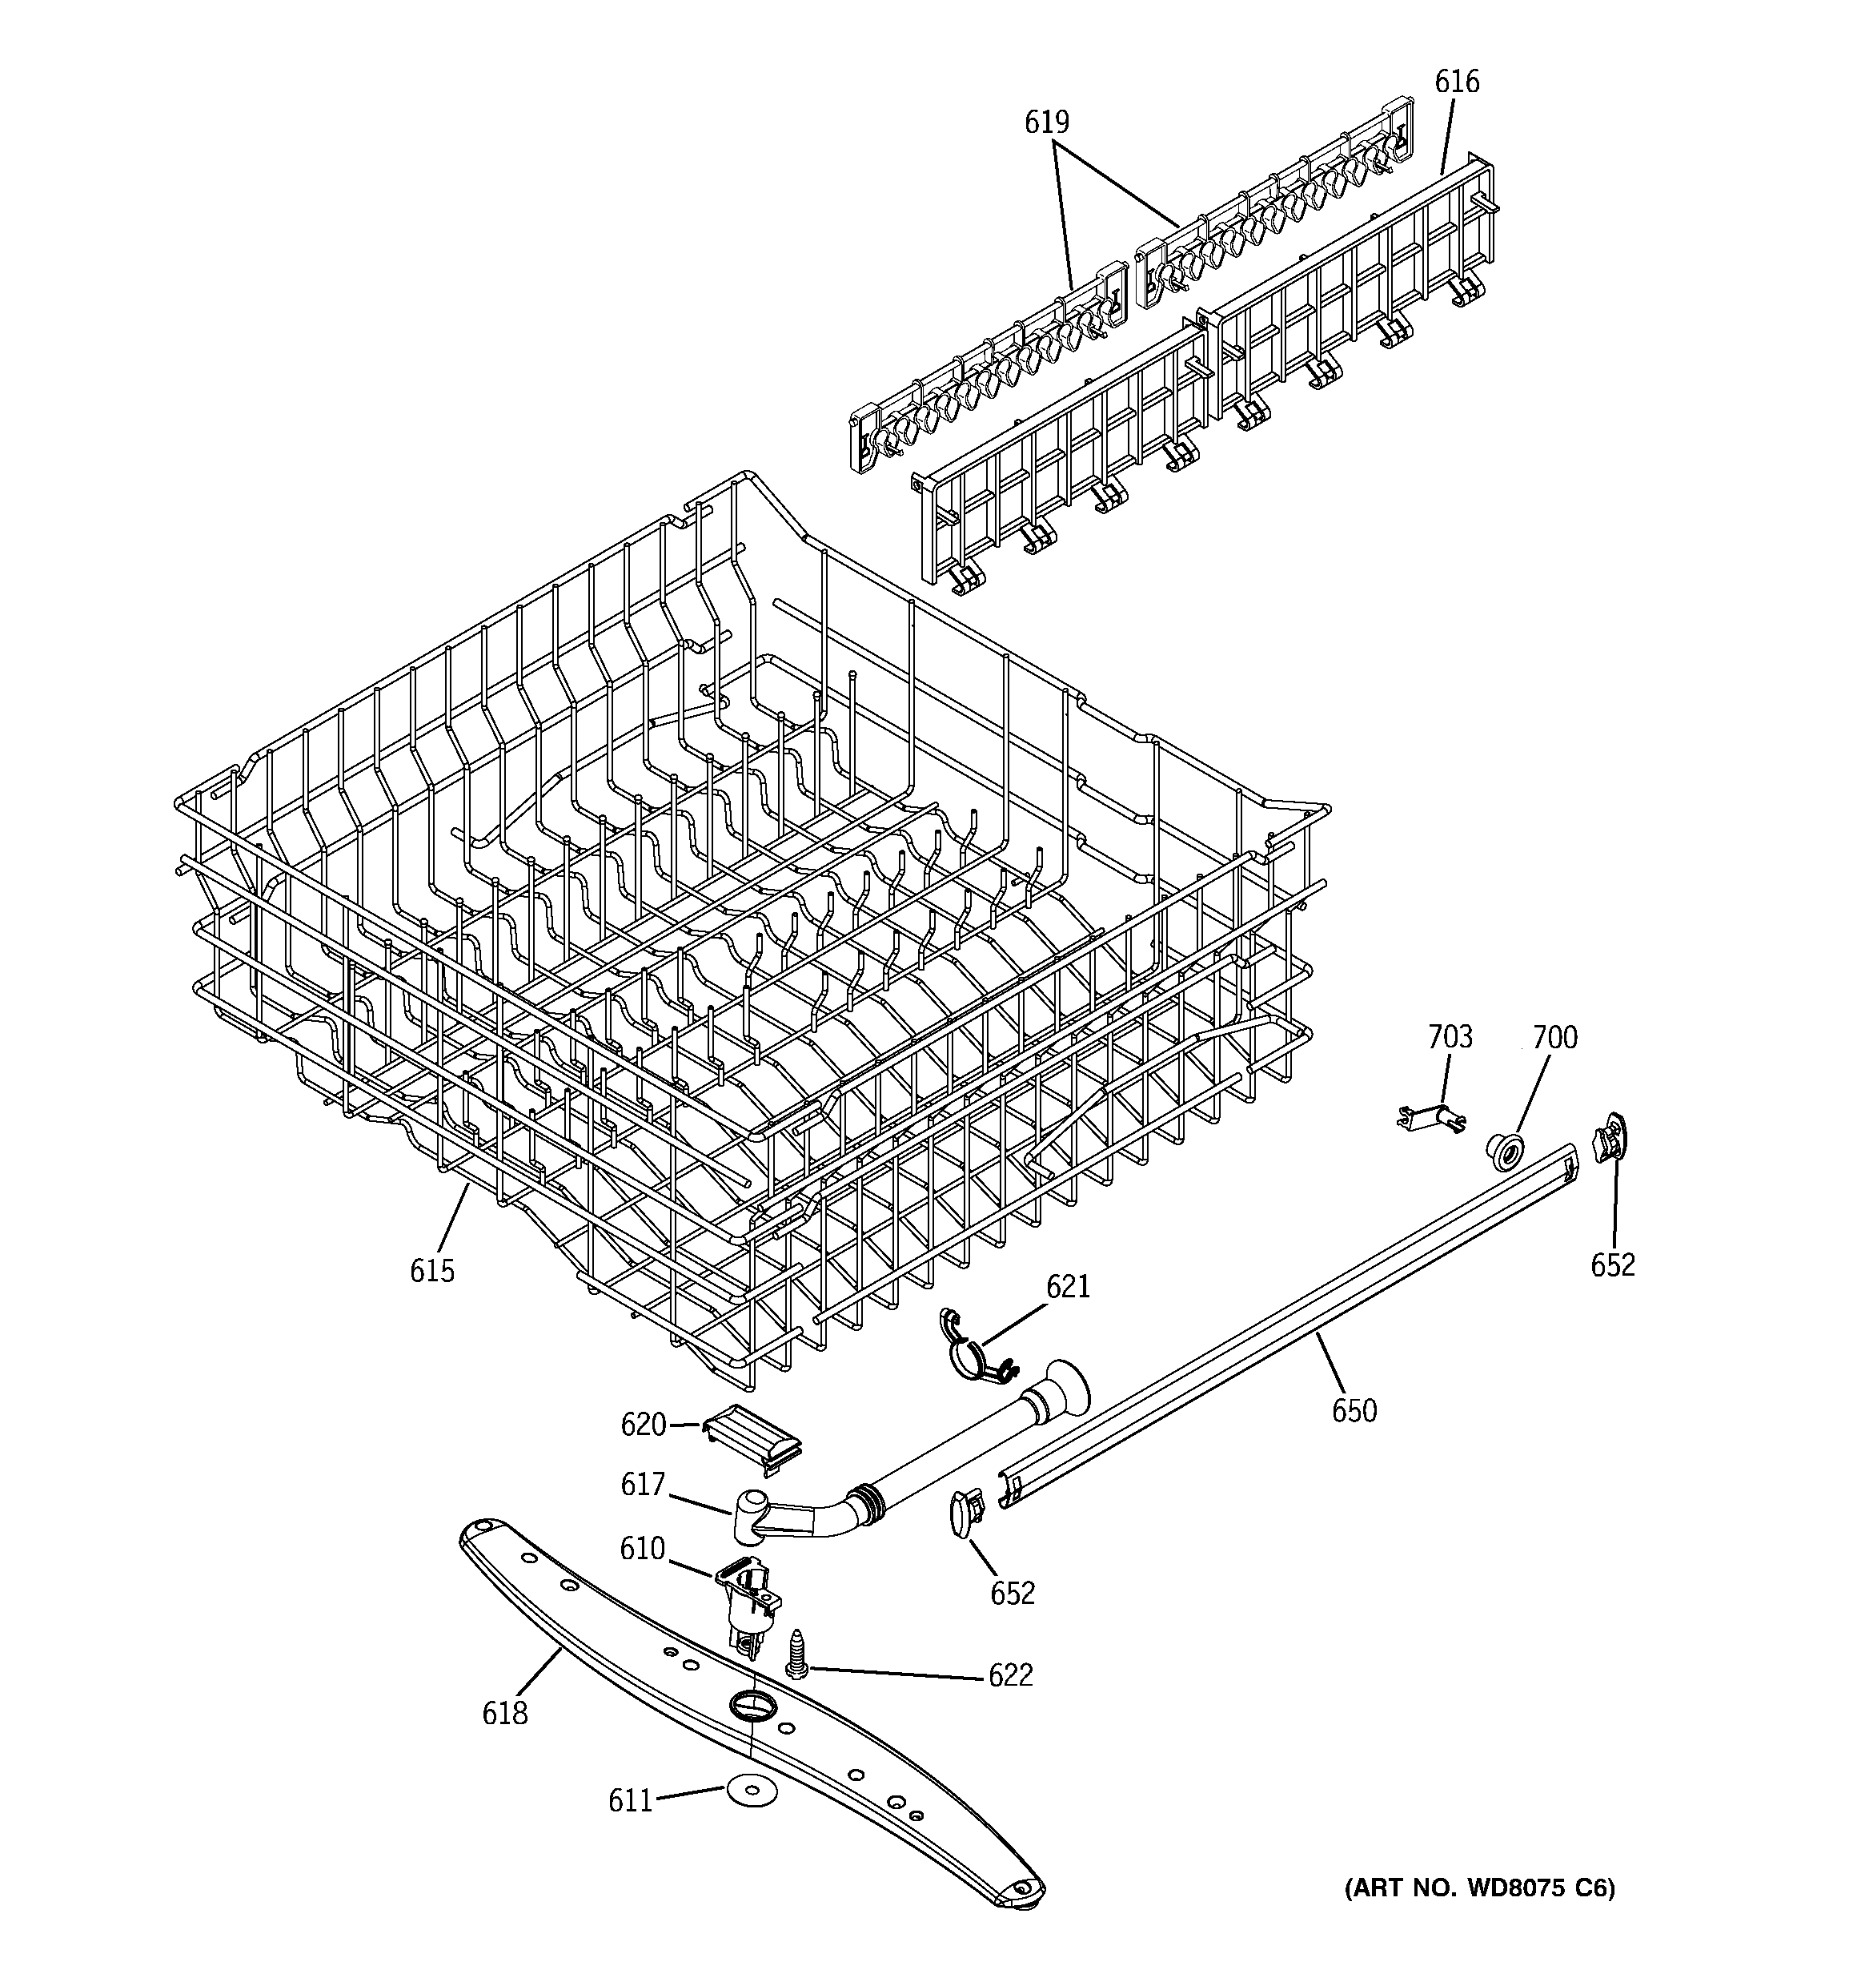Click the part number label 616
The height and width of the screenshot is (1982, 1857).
tap(1456, 82)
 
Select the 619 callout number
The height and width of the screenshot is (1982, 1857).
tap(1047, 123)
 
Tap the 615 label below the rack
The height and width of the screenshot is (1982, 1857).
tap(431, 1271)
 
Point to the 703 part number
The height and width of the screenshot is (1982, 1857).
tap(1450, 1038)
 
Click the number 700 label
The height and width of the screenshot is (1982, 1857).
tap(1554, 1038)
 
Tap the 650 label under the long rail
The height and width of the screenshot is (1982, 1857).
tap(1354, 1411)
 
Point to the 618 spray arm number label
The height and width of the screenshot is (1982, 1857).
tap(504, 1713)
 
